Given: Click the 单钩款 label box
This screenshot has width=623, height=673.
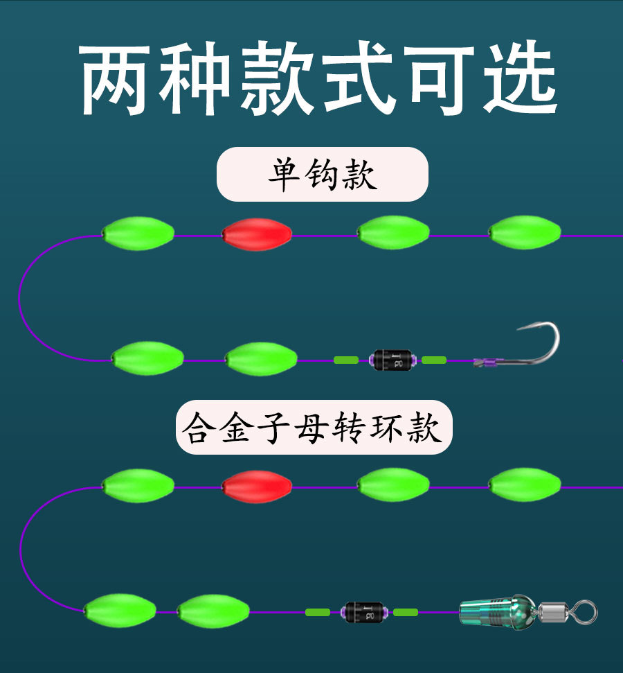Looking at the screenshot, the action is [323, 175].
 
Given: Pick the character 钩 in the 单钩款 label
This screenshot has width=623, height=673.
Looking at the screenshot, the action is [322, 175].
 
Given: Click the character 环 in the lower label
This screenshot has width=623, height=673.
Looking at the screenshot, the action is [386, 428].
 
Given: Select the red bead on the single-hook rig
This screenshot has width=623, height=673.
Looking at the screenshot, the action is [256, 234].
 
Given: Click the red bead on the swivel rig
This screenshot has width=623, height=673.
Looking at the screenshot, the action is [256, 487].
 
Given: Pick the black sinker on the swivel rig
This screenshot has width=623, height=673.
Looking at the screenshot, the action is [363, 612].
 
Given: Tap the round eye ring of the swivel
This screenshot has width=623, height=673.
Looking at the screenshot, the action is [586, 612].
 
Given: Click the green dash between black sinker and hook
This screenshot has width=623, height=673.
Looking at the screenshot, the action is [434, 360].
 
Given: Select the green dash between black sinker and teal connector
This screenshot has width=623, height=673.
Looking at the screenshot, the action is [406, 612].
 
